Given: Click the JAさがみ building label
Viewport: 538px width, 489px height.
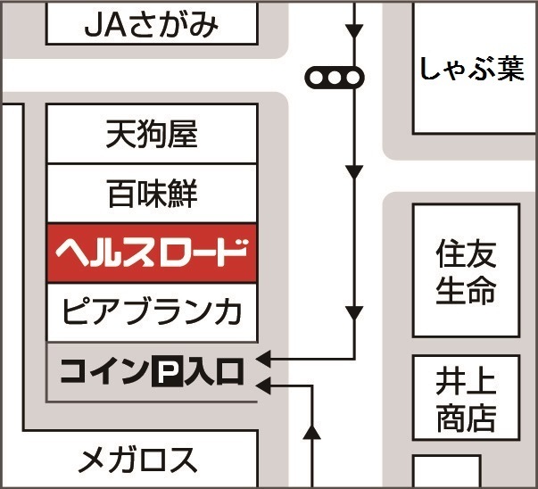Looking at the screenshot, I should pyautogui.click(x=151, y=25).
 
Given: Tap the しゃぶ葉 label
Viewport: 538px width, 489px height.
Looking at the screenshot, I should pyautogui.click(x=472, y=69).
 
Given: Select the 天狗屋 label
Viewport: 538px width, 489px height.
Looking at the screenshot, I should pyautogui.click(x=151, y=136).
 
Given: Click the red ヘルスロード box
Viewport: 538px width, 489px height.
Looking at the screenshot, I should pyautogui.click(x=151, y=253).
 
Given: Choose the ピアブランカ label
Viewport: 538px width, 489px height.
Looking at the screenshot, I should pyautogui.click(x=151, y=312).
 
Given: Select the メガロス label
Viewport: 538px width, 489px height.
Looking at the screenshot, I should pyautogui.click(x=137, y=460).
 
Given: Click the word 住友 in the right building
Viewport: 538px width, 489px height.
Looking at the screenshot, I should pyautogui.click(x=466, y=253).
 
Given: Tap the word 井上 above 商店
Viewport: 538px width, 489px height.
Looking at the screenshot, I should pyautogui.click(x=466, y=382).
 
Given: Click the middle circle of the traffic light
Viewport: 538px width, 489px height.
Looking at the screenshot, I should pyautogui.click(x=335, y=79).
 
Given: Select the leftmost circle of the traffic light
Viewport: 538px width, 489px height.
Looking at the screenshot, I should pyautogui.click(x=318, y=79).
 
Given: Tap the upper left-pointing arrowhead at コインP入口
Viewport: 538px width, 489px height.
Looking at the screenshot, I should pyautogui.click(x=264, y=361).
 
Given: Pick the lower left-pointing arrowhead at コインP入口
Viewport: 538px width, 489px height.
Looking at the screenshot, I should pyautogui.click(x=264, y=385).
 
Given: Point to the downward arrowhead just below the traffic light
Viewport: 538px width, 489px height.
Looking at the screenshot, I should pyautogui.click(x=355, y=170).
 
